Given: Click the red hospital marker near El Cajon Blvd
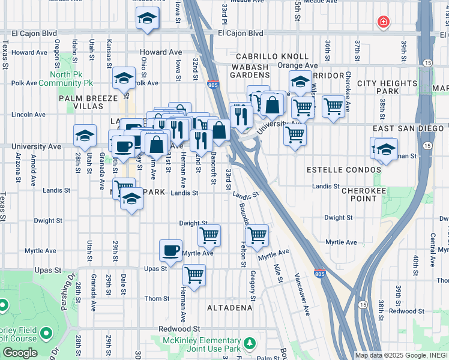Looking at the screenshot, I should tap(382, 23).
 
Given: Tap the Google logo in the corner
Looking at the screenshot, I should tap(20, 353).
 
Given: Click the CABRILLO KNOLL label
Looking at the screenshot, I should tap(264, 56).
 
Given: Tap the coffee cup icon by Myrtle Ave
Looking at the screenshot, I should tap(170, 250).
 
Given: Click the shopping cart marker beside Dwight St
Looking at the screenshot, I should tap(209, 235).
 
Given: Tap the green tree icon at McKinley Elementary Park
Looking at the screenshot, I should tap(249, 344).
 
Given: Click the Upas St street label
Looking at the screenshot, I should tap(155, 269).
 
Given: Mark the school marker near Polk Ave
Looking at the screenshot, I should tap(124, 78).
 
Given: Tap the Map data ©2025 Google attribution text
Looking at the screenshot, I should tap(401, 355).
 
